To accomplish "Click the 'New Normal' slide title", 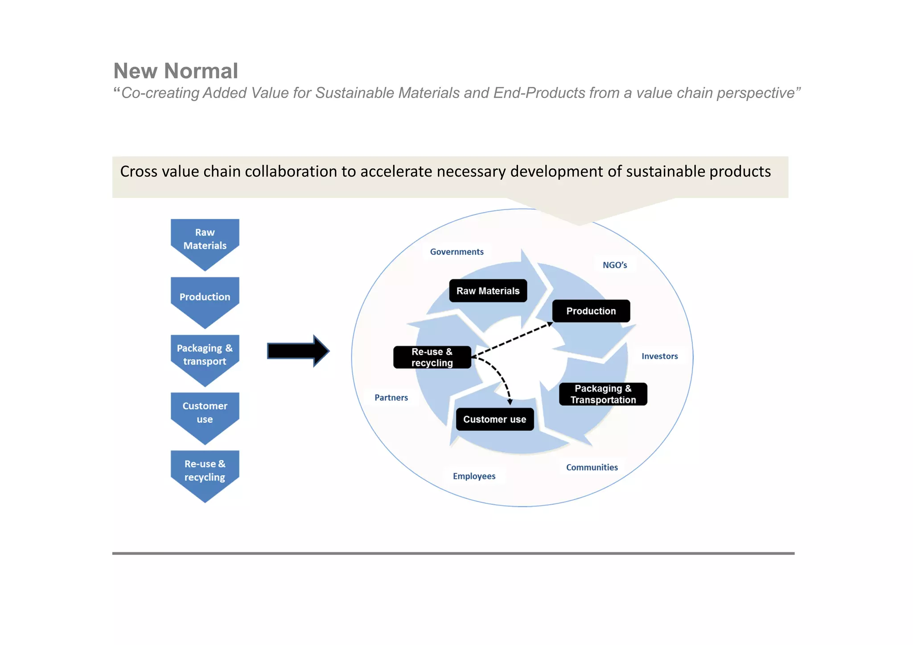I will pos(176,71).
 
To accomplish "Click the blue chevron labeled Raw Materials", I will pos(205,241).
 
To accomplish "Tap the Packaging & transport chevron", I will pos(205,356).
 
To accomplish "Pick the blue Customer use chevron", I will pos(205,413).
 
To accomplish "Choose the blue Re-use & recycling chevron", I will pos(205,471).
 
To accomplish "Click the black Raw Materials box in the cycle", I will pos(488,291).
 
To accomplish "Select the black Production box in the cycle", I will pos(591,311).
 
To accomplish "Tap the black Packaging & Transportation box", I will pos(603,394).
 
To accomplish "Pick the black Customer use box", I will pos(494,419).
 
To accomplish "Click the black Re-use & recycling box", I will pos(432,357).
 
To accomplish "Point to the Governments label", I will pos(456,252).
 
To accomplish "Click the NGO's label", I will pos(615,265).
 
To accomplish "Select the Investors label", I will pos(659,356).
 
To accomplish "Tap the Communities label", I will pos(592,467).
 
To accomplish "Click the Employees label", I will pos(474,476).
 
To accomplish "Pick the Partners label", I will pos(391,398).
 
